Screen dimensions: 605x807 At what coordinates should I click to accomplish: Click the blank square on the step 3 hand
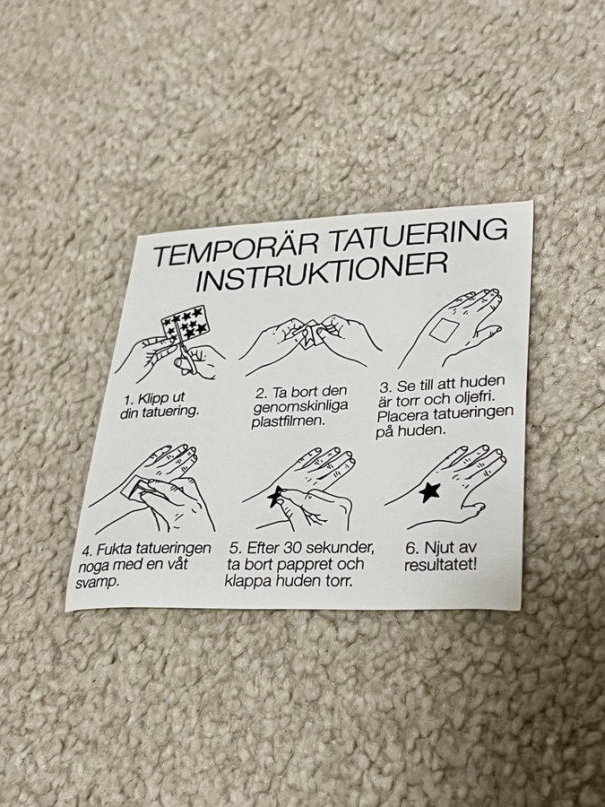(x=444, y=329)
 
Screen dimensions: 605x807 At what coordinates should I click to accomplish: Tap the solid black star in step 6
(x=429, y=492)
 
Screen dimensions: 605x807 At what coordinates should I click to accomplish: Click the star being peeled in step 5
(x=275, y=496)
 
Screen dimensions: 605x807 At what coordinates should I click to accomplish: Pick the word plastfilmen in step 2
(x=289, y=421)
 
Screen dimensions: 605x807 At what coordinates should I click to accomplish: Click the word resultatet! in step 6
(x=440, y=565)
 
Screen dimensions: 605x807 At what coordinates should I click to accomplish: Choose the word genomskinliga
(x=300, y=406)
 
